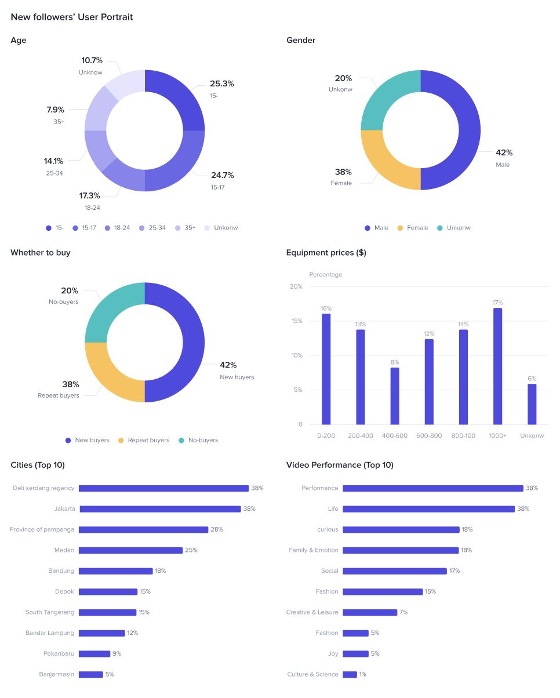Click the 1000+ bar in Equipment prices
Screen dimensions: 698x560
pos(497,366)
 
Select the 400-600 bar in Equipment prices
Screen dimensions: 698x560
pos(395,396)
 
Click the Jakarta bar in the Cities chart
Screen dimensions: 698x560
pos(160,509)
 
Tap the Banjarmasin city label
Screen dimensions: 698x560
pos(57,674)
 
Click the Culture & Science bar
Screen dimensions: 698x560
pos(350,674)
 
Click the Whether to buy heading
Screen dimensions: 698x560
pos(41,253)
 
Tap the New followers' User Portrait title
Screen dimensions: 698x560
pos(72,17)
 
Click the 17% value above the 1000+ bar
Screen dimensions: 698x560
pos(497,303)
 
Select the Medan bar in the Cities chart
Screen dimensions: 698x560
pos(130,550)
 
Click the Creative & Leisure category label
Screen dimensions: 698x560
pos(312,612)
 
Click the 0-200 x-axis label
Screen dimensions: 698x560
pos(326,435)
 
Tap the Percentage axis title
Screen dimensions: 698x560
pos(326,274)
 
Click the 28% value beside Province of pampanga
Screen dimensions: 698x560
pos(217,529)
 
